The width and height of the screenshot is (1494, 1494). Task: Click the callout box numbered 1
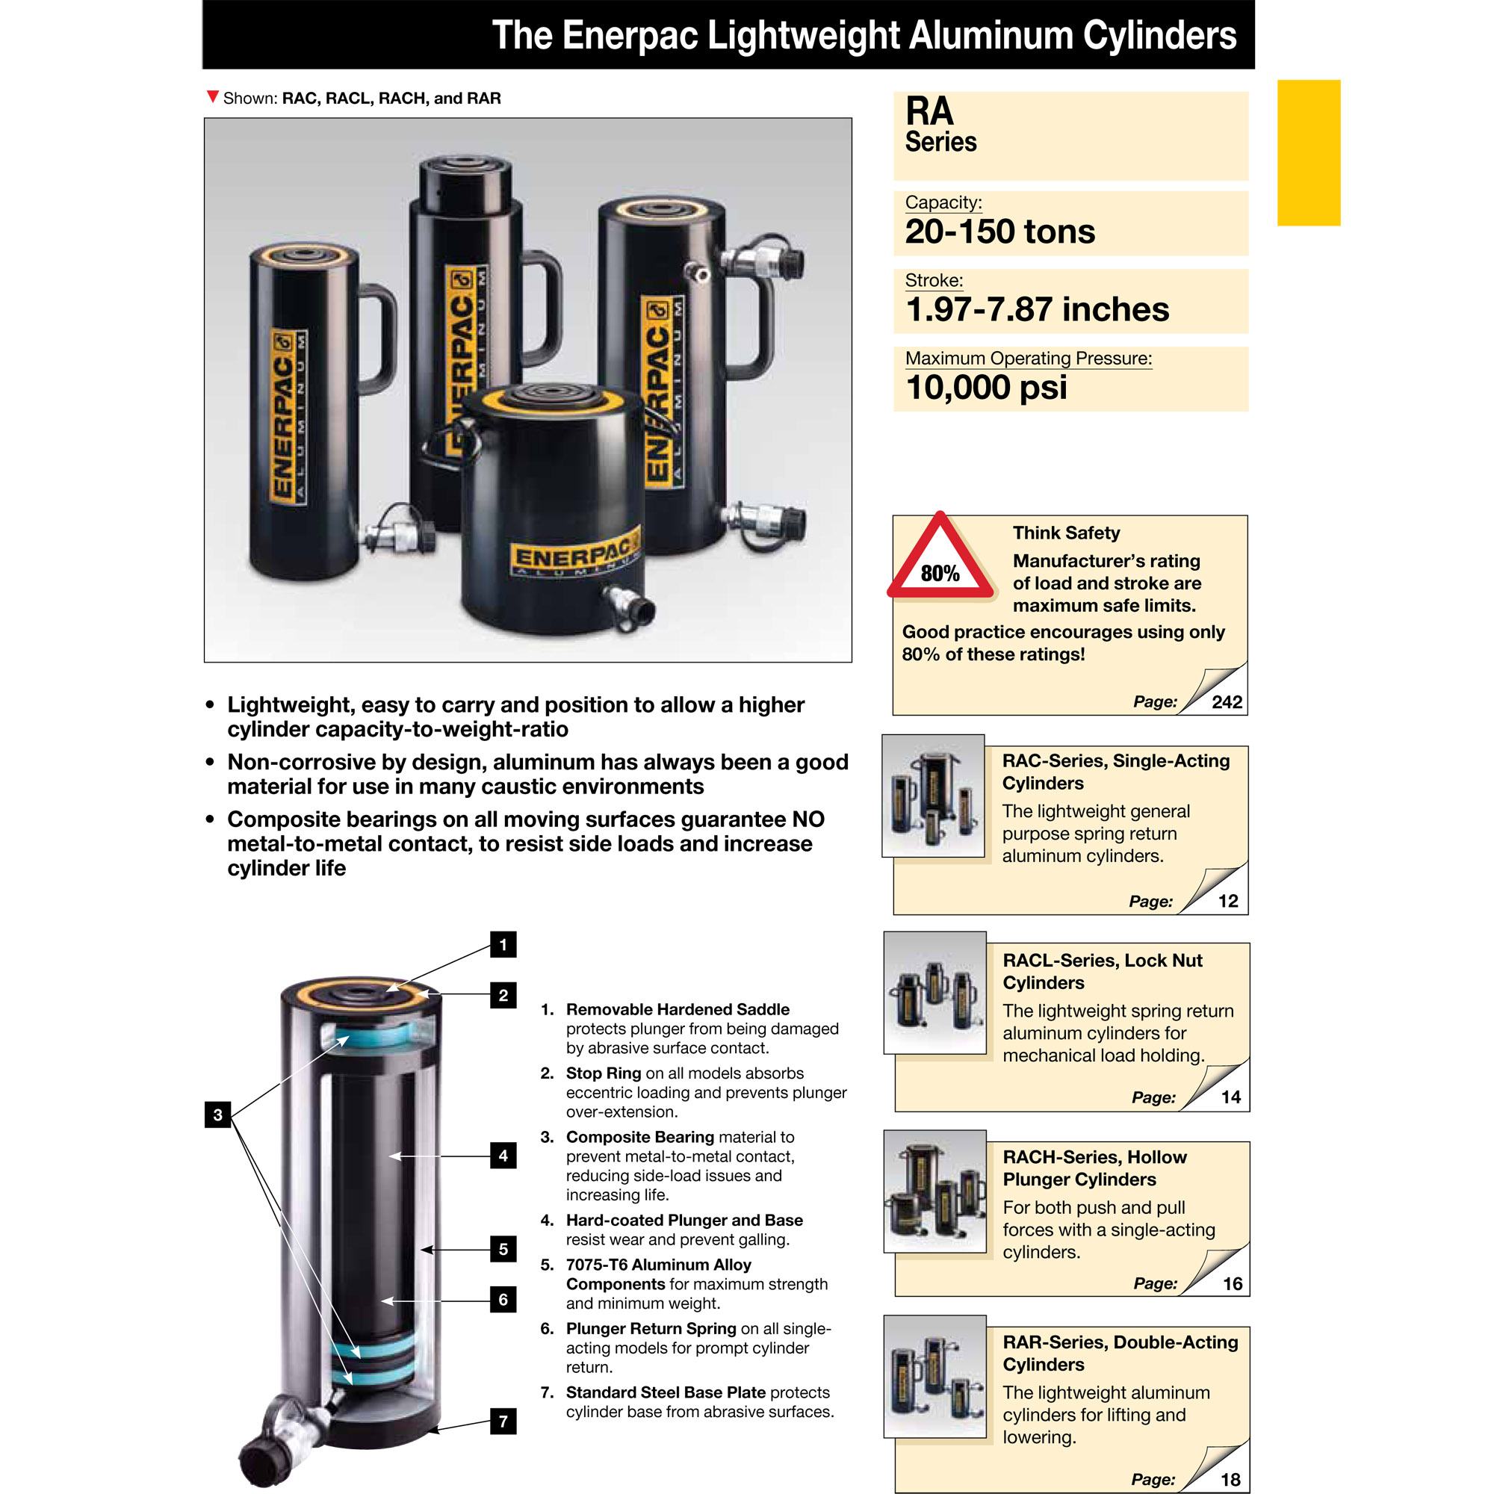coord(503,944)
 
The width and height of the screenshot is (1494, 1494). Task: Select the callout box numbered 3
coord(218,1115)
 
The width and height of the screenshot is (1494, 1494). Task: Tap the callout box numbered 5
coord(503,1249)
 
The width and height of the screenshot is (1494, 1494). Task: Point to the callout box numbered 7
coord(503,1421)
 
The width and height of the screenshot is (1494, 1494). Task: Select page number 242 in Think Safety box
coord(1227,702)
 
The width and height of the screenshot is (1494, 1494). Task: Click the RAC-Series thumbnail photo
coord(933,796)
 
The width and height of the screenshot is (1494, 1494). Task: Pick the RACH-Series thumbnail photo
coord(935,1191)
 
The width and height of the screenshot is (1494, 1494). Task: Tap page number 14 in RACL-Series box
coord(1230,1097)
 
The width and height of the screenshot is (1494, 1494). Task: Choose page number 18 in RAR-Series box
coord(1230,1479)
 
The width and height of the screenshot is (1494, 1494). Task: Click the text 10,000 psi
coord(986,388)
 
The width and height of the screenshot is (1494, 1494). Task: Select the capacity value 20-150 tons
coord(1000,232)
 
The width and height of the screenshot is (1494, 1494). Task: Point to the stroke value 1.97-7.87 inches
coord(1037,309)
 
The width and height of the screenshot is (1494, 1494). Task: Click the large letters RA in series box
coord(929,111)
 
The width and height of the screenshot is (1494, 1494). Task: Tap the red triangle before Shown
coord(213,96)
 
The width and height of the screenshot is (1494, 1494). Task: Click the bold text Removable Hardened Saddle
coord(678,1009)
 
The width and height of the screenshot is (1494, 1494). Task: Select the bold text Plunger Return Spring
coord(651,1328)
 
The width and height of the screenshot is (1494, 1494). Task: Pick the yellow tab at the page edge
coord(1309,152)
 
